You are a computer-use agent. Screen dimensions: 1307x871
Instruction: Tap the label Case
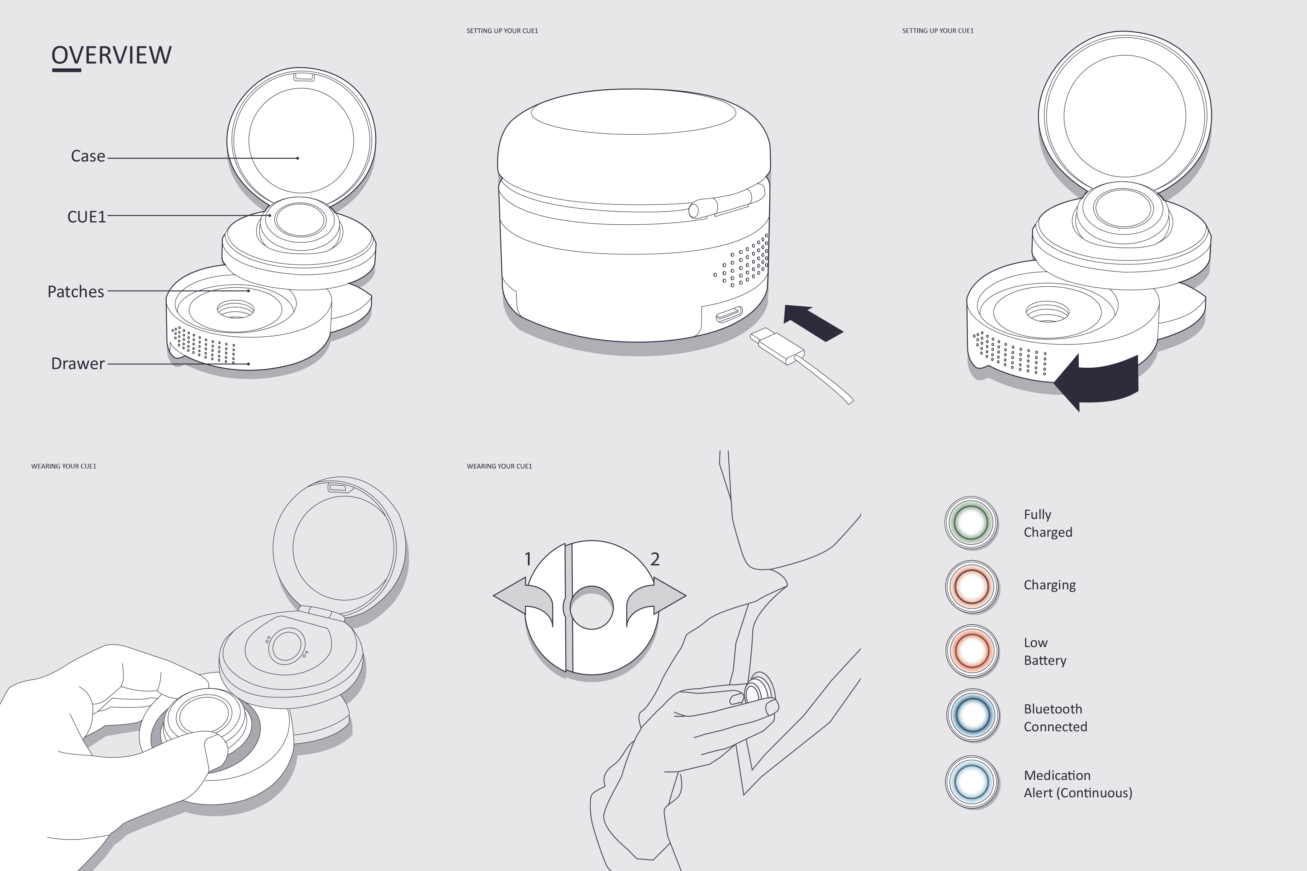click(88, 156)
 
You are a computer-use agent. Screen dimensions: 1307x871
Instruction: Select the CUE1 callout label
click(87, 217)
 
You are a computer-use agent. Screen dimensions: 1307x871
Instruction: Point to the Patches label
click(76, 292)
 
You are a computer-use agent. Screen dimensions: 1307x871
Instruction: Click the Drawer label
click(78, 364)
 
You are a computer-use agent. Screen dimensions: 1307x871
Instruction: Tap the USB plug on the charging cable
click(777, 345)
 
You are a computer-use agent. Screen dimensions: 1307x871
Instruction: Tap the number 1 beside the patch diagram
click(528, 559)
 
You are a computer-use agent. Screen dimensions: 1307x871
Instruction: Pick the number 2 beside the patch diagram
click(655, 559)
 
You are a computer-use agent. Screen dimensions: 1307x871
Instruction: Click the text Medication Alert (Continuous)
click(1078, 784)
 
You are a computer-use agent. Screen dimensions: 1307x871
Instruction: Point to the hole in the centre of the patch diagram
click(592, 607)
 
